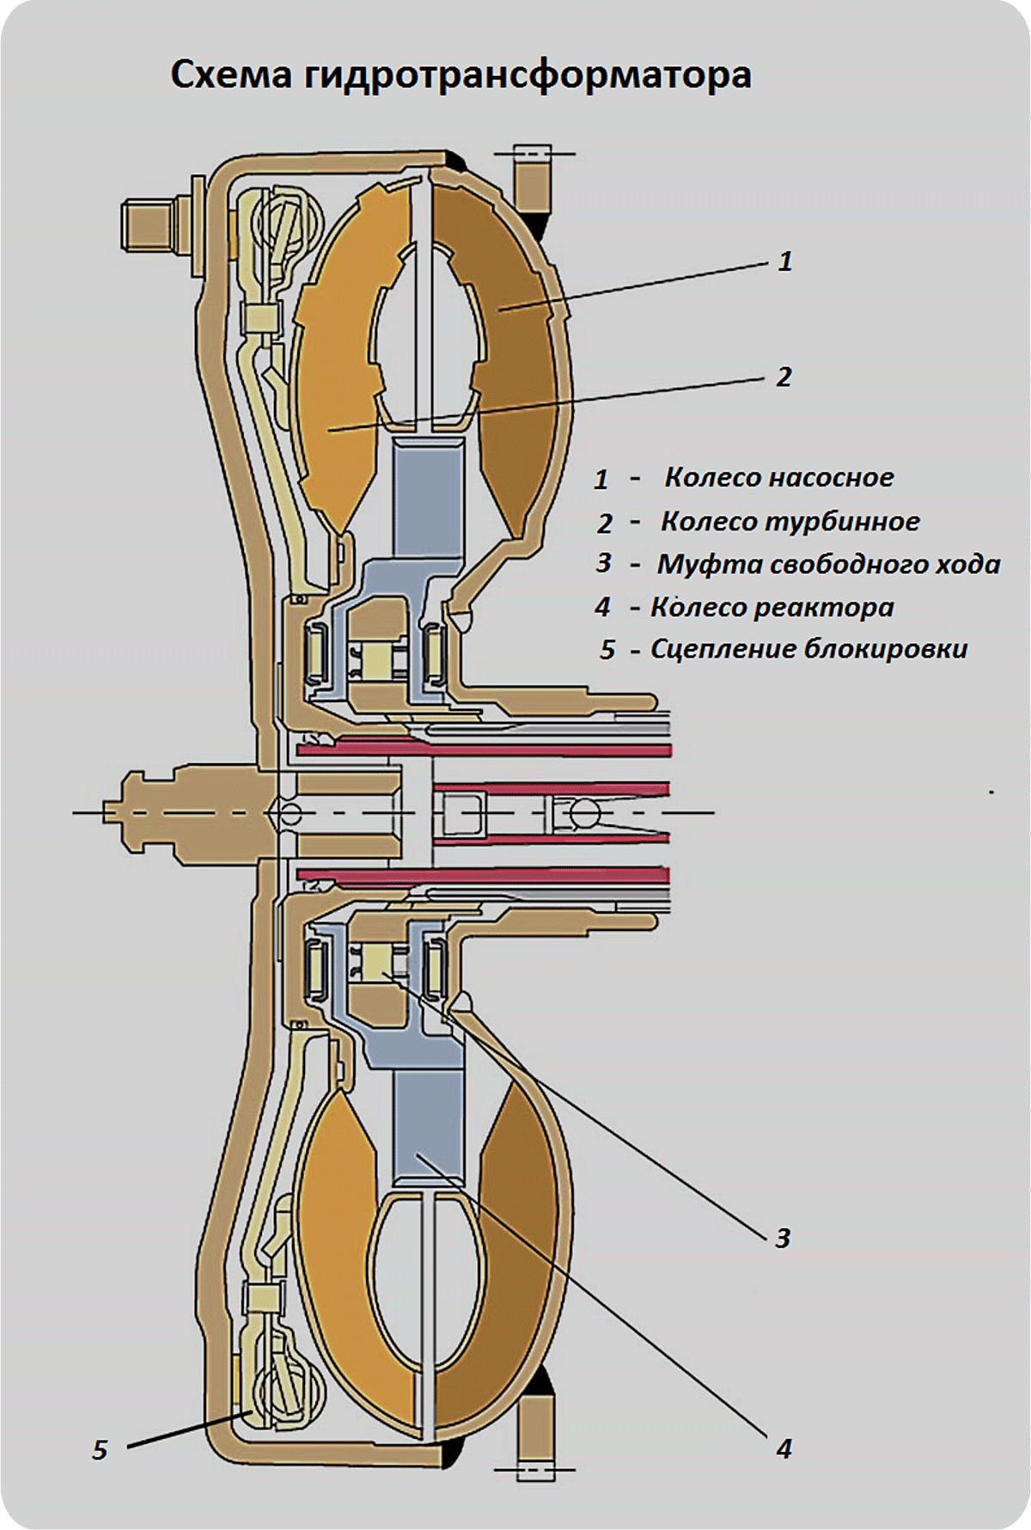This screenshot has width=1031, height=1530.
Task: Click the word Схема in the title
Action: tap(232, 76)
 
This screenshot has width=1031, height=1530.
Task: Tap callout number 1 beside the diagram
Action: tap(784, 261)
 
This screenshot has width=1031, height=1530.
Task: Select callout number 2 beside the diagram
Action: tap(784, 376)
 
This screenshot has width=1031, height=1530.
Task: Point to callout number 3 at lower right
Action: tap(783, 1238)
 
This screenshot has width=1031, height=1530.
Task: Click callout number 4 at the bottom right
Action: tap(784, 1449)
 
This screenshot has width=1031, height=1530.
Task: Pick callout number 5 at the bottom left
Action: tap(100, 1451)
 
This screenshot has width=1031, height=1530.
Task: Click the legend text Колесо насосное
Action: tap(778, 478)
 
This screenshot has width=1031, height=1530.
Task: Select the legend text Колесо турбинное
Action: tap(790, 522)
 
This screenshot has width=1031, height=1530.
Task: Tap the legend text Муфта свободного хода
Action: tap(828, 565)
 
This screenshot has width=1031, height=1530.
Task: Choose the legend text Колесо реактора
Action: tap(772, 608)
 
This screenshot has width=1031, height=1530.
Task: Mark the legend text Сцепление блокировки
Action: tap(808, 649)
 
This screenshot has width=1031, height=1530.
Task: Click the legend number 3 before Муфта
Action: tap(604, 564)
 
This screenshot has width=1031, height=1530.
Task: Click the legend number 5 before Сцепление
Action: tap(607, 650)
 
